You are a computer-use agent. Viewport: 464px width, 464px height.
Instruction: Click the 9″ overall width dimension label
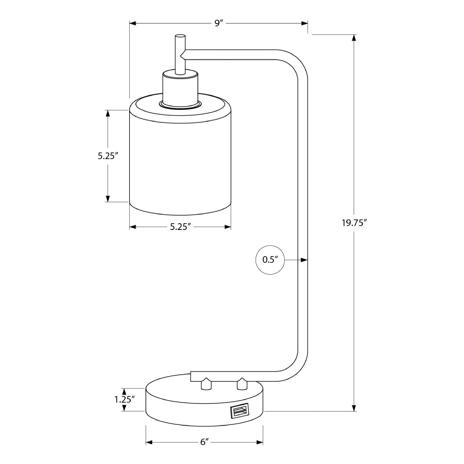click(x=219, y=23)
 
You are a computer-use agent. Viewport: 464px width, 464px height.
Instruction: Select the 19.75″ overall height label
click(x=354, y=223)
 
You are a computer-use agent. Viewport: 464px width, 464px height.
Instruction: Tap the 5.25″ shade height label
click(x=109, y=156)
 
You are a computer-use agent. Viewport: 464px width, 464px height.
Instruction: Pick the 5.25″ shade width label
click(x=180, y=227)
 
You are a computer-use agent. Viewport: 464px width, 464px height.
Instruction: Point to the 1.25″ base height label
click(x=124, y=400)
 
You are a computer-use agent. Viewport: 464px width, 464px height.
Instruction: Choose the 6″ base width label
click(x=203, y=442)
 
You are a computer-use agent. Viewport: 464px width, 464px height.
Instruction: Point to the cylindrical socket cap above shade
click(x=180, y=89)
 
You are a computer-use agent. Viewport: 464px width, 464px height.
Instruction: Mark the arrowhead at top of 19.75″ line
click(x=354, y=38)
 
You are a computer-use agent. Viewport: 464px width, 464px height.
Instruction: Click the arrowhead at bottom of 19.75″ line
click(x=354, y=408)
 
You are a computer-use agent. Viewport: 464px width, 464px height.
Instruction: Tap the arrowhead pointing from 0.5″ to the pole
click(x=304, y=260)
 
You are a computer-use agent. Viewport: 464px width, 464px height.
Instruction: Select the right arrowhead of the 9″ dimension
click(x=304, y=23)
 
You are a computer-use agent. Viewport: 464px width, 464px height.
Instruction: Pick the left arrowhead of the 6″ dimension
click(x=149, y=442)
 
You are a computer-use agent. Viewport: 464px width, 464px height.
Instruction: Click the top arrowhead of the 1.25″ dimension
click(x=124, y=391)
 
